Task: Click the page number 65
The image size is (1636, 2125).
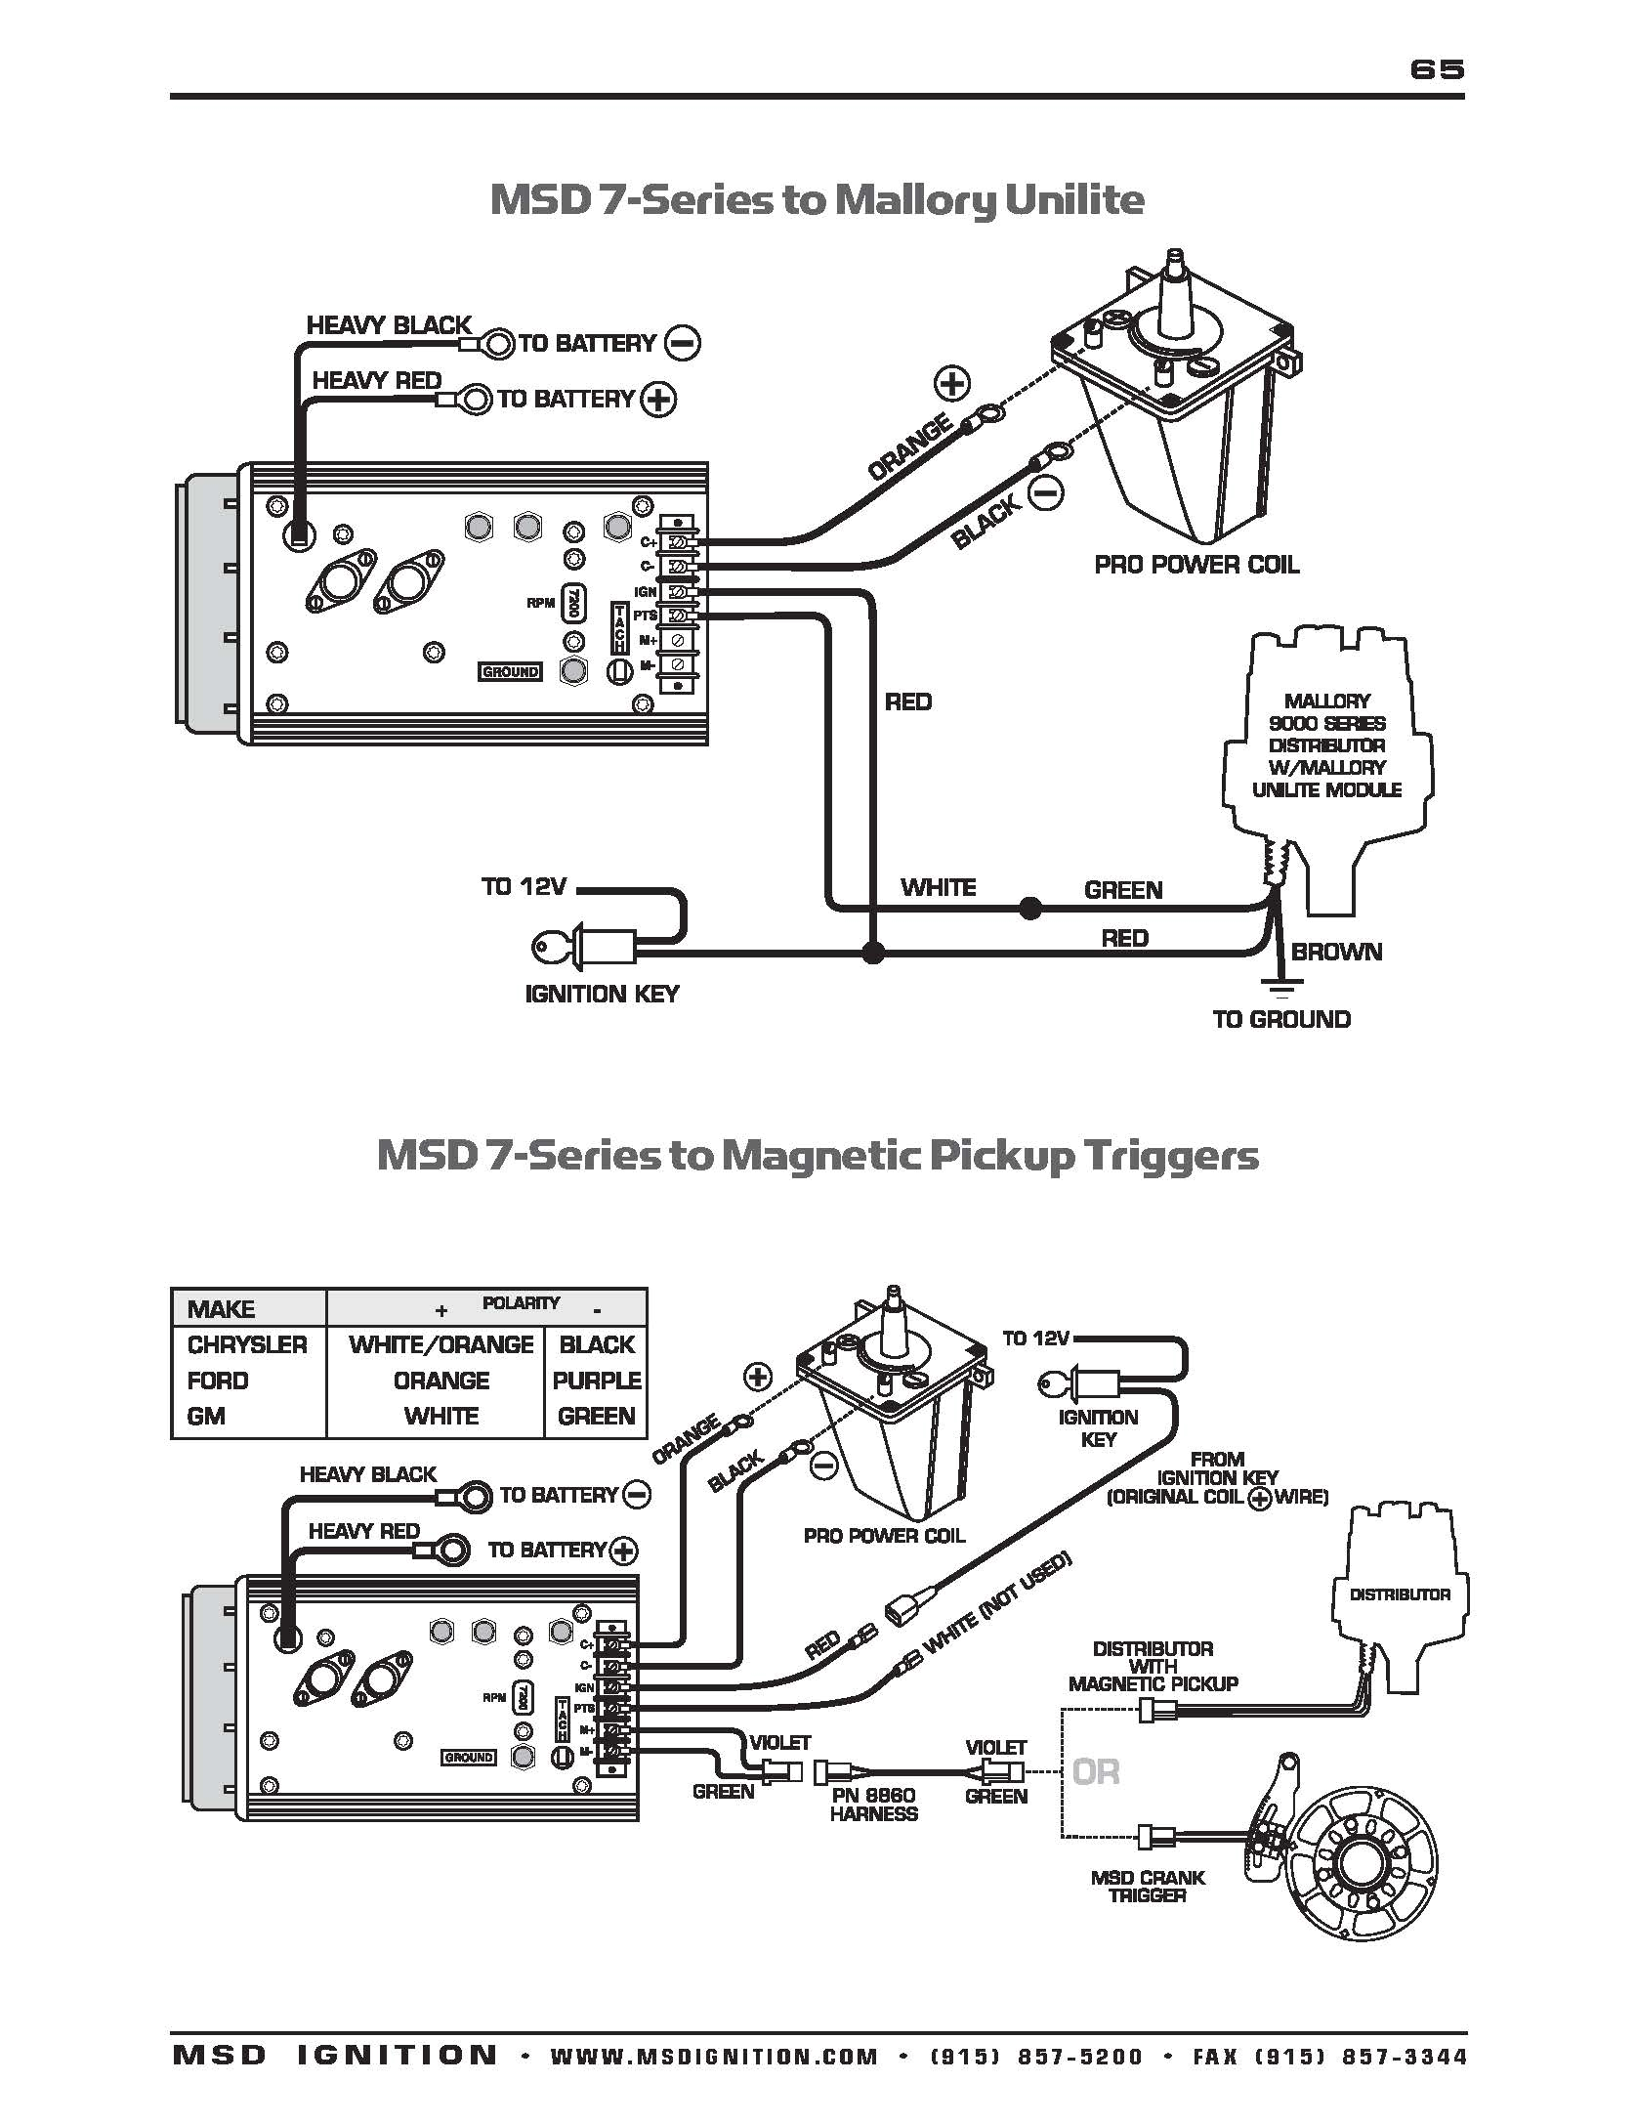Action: coord(1437,68)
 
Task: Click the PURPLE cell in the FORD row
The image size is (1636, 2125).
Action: coord(596,1381)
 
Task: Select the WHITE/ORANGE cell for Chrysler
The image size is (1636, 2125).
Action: coord(440,1344)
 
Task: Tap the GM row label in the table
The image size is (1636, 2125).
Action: coord(206,1416)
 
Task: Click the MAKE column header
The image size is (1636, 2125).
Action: coord(221,1309)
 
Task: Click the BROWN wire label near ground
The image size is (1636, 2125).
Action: coord(1336,952)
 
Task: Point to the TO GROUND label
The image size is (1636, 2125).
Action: coord(1281,1019)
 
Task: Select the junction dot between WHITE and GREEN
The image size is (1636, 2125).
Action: coord(1028,909)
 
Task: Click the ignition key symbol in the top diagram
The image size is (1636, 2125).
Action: coord(576,946)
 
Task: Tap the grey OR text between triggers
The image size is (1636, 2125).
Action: coord(1096,1771)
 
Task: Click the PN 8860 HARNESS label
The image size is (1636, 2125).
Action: coord(873,1804)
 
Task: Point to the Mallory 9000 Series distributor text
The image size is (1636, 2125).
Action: coord(1326,744)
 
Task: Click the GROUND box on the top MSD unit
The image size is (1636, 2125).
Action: coord(510,671)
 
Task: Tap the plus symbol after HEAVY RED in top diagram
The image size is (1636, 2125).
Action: coord(659,399)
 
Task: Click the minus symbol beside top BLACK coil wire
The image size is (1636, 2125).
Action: coord(1046,494)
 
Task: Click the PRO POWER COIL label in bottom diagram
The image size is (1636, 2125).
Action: coord(884,1536)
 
